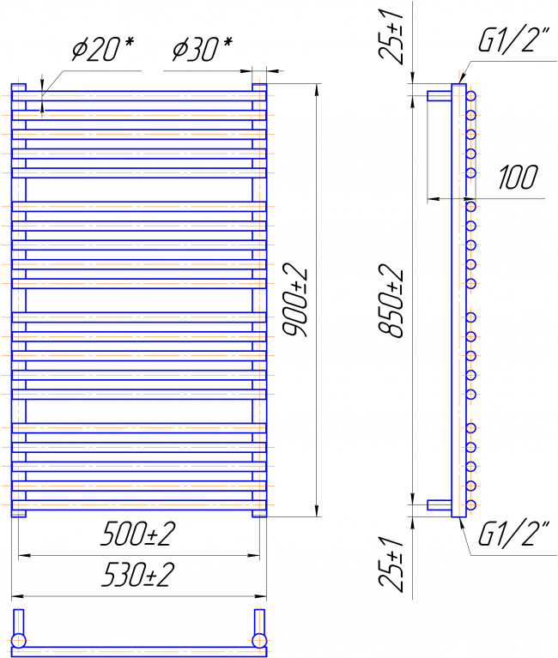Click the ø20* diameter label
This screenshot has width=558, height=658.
coord(103,49)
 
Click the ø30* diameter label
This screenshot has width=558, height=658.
coord(203,49)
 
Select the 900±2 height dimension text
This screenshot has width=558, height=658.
coord(295,300)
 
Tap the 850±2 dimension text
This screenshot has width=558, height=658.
coord(391,301)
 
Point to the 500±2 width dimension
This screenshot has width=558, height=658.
coord(137,534)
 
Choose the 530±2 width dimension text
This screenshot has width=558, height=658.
coord(137,575)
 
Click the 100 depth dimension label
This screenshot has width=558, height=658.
coord(519,177)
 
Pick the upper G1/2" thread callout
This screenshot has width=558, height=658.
coord(514,39)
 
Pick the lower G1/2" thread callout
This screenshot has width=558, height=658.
coord(514,534)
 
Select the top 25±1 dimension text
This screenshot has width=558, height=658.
coord(391,36)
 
